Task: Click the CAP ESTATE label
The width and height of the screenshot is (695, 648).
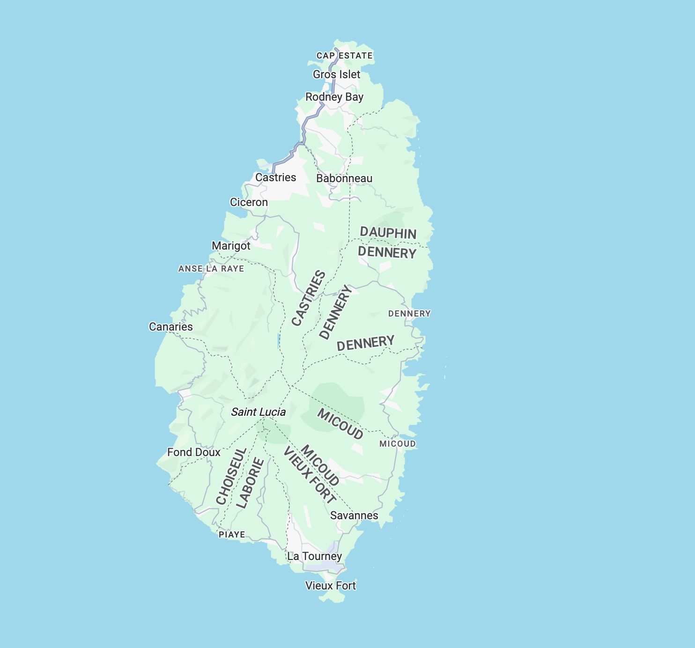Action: (345, 56)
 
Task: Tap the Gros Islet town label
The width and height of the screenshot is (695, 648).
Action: (336, 74)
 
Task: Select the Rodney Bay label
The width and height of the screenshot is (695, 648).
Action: (334, 97)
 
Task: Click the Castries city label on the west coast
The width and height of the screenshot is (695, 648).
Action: (275, 177)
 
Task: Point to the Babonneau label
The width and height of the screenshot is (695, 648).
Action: (344, 178)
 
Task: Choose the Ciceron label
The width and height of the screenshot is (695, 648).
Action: (249, 202)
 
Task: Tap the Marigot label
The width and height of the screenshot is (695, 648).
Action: (231, 246)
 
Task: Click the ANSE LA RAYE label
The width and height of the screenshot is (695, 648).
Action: (211, 269)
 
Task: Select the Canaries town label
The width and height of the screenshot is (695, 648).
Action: (170, 327)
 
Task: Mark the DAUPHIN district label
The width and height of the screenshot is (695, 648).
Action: (388, 233)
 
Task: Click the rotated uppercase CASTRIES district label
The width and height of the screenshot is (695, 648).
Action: (308, 298)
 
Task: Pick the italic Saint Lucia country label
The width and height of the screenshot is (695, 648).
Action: (258, 412)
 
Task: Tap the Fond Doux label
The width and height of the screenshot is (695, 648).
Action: (193, 452)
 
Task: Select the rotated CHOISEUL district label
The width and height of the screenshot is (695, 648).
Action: (231, 476)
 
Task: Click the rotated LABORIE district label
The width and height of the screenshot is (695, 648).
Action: (250, 483)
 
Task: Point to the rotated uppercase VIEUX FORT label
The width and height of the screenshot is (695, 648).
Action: (310, 475)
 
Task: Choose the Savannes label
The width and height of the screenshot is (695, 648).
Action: (354, 515)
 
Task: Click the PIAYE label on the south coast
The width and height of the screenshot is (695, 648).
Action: (232, 535)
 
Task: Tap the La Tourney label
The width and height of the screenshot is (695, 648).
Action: (315, 556)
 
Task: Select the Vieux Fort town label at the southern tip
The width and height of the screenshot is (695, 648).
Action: (331, 586)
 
